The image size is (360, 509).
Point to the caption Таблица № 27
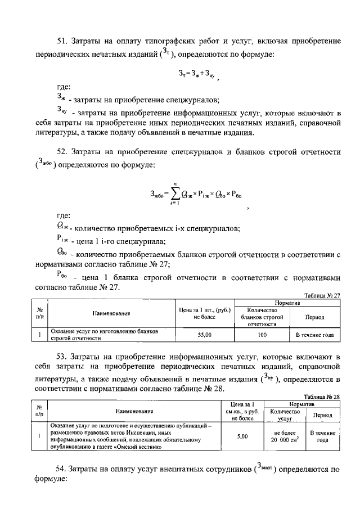[x=322, y=295]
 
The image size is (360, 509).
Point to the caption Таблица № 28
[x=322, y=397]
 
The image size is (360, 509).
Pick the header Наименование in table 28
[x=134, y=412]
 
